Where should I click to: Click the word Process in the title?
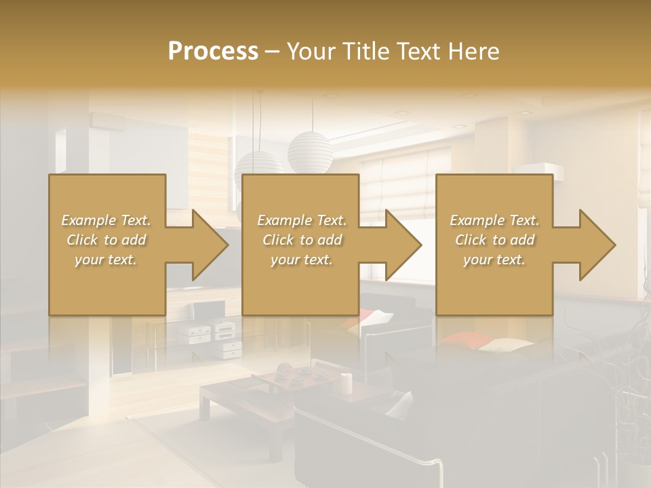click(213, 52)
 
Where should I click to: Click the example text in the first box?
click(106, 240)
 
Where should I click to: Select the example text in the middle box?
click(301, 240)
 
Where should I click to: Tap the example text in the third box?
click(494, 240)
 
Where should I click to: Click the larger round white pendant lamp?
click(310, 151)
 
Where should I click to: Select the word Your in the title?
click(309, 52)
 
